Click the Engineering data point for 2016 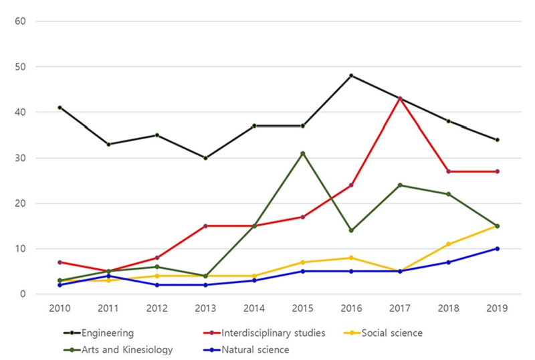click(351, 76)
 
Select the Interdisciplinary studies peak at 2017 click(400, 98)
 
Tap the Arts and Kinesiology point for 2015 click(302, 153)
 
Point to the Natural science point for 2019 click(497, 248)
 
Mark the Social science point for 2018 click(448, 244)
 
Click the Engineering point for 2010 click(60, 108)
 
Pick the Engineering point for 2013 click(205, 158)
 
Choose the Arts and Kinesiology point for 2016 click(351, 230)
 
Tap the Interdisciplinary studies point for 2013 click(205, 226)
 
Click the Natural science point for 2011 click(108, 276)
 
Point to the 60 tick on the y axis click(20, 21)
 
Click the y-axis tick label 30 click(20, 158)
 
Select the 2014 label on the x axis click(254, 308)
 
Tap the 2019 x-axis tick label click(497, 308)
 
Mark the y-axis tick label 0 click(23, 294)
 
